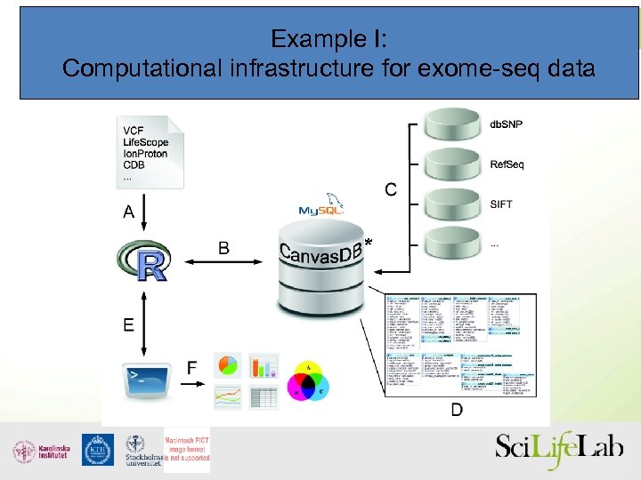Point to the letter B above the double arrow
[223, 248]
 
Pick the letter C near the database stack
[391, 188]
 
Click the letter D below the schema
[456, 409]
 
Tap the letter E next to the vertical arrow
[129, 324]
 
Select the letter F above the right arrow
[191, 367]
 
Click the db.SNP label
[507, 124]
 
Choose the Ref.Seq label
[507, 164]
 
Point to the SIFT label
[500, 204]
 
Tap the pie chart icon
[228, 365]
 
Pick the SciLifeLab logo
[558, 449]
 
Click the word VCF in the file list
[134, 132]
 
